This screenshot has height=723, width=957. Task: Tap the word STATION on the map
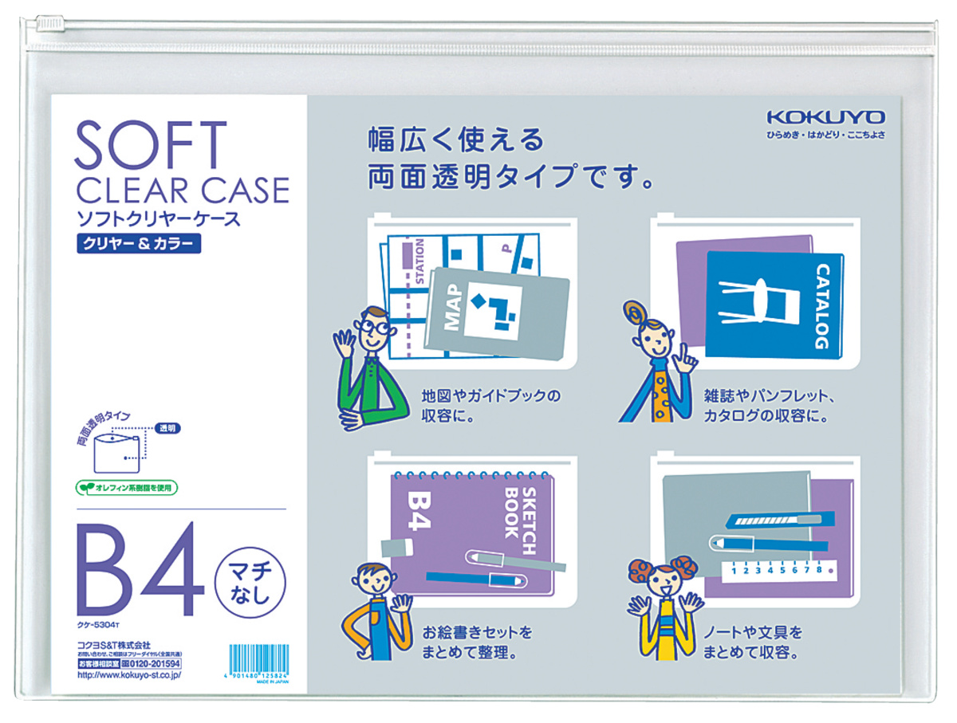point(420,259)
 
